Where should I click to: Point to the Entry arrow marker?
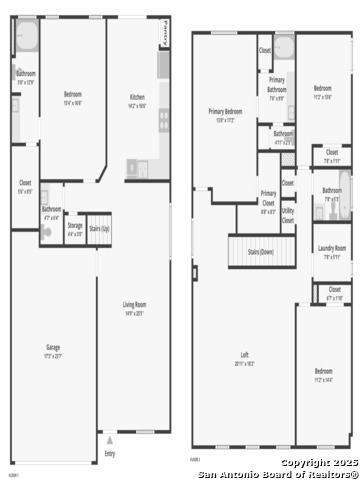[x=110, y=439]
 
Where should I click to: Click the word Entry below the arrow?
[x=110, y=452]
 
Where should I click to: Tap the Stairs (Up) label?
[x=100, y=229]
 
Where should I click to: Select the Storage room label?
[x=75, y=229]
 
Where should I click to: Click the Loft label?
[x=244, y=358]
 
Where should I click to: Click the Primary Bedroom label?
[x=226, y=113]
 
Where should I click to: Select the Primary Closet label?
[x=268, y=199]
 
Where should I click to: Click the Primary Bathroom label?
[x=277, y=92]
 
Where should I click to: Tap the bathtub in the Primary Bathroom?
[x=284, y=47]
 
